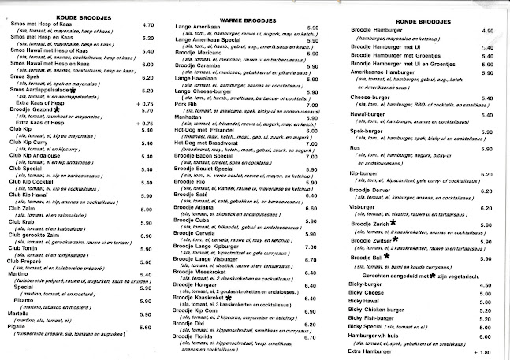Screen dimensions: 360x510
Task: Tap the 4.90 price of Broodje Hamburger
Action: click(x=486, y=30)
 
